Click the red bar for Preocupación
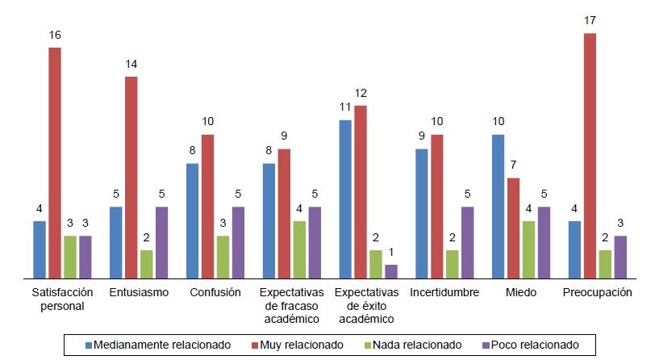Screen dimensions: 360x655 click(x=590, y=156)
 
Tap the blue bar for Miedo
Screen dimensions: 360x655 click(x=498, y=206)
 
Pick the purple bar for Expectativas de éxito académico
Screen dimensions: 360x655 click(x=391, y=271)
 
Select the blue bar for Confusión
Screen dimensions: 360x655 click(x=192, y=220)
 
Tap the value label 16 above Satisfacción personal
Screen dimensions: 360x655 click(x=55, y=36)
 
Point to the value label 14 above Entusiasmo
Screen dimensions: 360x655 click(x=131, y=65)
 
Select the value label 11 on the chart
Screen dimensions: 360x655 click(x=345, y=107)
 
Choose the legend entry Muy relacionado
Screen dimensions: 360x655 click(x=297, y=345)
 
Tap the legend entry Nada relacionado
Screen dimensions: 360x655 click(x=413, y=345)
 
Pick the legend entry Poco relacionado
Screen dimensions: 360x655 click(x=529, y=345)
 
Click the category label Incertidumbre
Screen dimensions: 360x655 click(x=444, y=292)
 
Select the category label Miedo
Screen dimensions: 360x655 click(x=520, y=292)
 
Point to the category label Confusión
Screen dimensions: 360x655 click(x=215, y=292)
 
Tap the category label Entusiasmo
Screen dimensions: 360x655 click(x=138, y=292)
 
